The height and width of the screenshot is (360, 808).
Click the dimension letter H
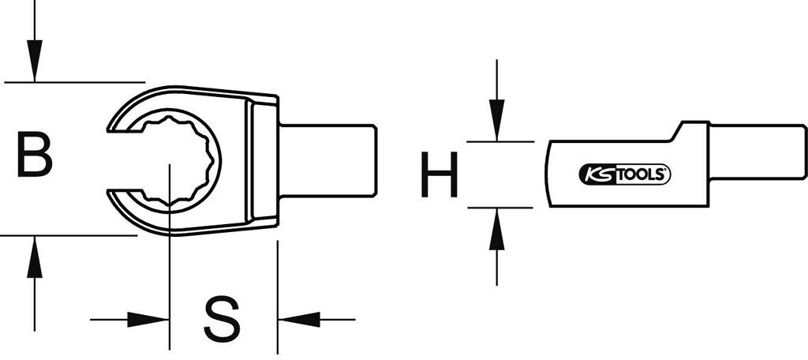tap(439, 175)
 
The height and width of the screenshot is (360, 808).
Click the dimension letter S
tap(221, 320)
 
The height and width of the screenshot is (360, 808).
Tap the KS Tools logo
tap(625, 175)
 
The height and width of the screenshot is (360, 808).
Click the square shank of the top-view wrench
tap(327, 159)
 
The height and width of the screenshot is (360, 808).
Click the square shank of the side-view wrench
tap(757, 152)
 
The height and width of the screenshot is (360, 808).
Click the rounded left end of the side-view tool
tap(550, 174)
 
